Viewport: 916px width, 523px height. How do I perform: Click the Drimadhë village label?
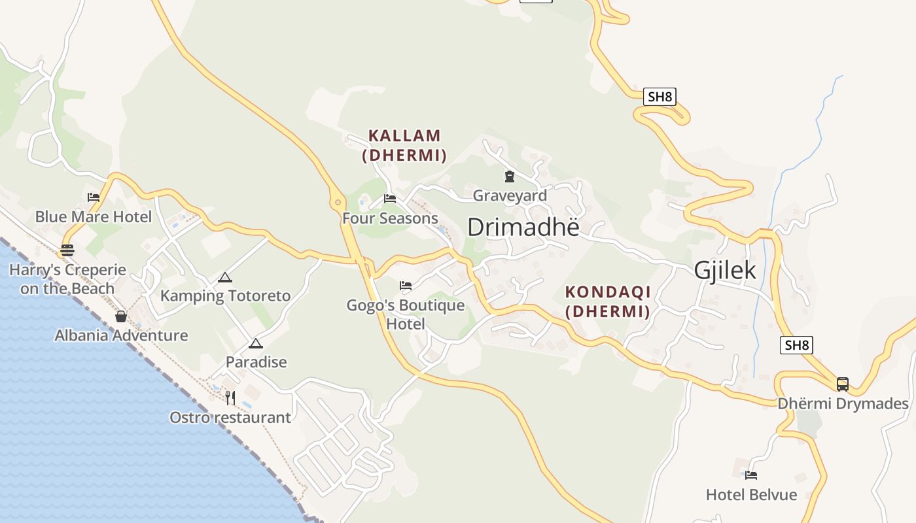[x=523, y=227]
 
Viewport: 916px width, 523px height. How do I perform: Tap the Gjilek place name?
[x=725, y=270]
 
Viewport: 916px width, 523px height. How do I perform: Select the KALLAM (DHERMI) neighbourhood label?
[x=404, y=145]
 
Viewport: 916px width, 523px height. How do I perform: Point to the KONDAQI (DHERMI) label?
[x=608, y=301]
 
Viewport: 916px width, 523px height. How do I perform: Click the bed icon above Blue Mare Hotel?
[x=94, y=197]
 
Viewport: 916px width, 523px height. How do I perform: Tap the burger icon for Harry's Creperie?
[x=67, y=250]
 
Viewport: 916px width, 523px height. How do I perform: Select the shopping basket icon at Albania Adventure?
[x=121, y=316]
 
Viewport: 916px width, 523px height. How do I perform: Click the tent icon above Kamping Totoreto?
[x=225, y=277]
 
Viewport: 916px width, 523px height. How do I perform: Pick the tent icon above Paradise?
[x=256, y=343]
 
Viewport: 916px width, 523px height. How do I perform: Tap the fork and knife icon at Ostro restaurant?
[x=230, y=397]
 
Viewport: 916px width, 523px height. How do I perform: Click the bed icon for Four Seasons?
[x=390, y=198]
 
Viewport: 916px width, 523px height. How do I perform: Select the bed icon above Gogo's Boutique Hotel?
[x=406, y=285]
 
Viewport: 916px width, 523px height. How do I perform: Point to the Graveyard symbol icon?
[x=509, y=176]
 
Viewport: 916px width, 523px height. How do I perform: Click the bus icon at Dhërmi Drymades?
[x=843, y=384]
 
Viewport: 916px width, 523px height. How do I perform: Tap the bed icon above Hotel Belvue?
[x=751, y=475]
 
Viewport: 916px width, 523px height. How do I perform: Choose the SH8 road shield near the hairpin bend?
[x=660, y=97]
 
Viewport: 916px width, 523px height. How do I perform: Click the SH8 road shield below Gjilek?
[x=796, y=345]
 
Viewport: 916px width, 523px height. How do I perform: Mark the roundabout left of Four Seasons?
[x=338, y=201]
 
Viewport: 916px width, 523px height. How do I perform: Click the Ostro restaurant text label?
[x=230, y=417]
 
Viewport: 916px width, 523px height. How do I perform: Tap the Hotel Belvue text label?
[x=751, y=495]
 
